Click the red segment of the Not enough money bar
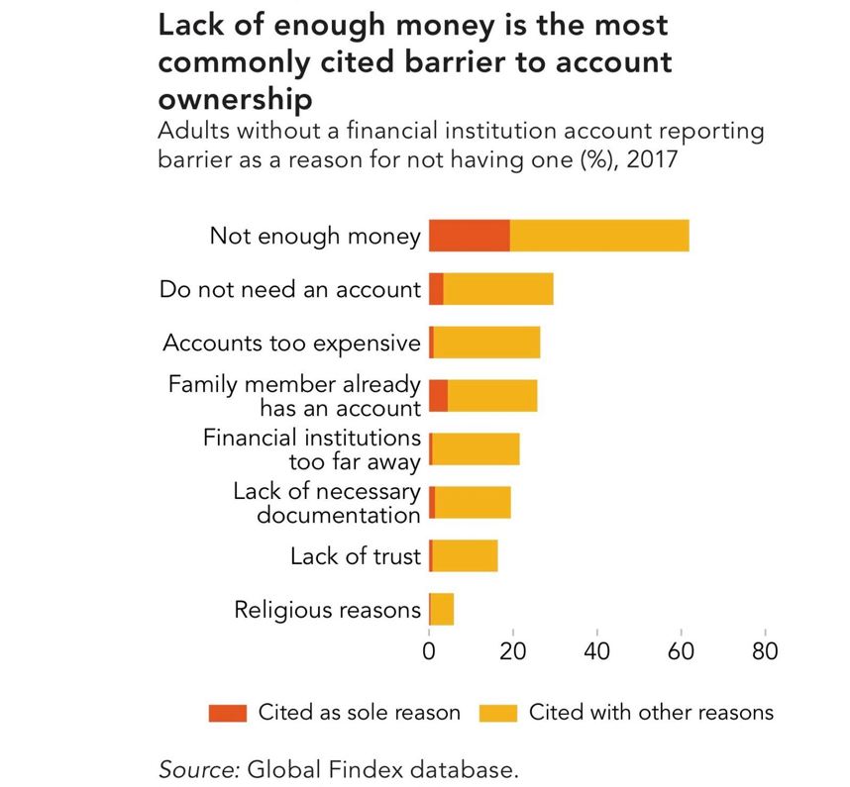pyautogui.click(x=470, y=236)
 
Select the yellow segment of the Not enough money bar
pyautogui.click(x=599, y=236)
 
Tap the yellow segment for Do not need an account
pyautogui.click(x=498, y=289)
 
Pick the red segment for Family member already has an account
pyautogui.click(x=438, y=396)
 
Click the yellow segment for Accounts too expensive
pyautogui.click(x=486, y=343)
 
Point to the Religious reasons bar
pyautogui.click(x=441, y=610)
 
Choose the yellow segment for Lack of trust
pyautogui.click(x=465, y=555)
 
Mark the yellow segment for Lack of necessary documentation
pyautogui.click(x=473, y=503)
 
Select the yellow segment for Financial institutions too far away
pyautogui.click(x=476, y=449)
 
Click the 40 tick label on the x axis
pyautogui.click(x=596, y=651)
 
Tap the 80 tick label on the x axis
pyautogui.click(x=765, y=651)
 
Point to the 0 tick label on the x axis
pyautogui.click(x=429, y=651)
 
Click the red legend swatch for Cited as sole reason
pyautogui.click(x=228, y=714)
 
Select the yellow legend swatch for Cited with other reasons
pyautogui.click(x=498, y=714)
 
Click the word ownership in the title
pyautogui.click(x=235, y=99)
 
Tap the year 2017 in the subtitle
pyautogui.click(x=652, y=159)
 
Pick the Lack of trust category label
pyautogui.click(x=356, y=556)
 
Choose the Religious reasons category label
pyautogui.click(x=328, y=610)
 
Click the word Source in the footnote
pyautogui.click(x=199, y=769)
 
